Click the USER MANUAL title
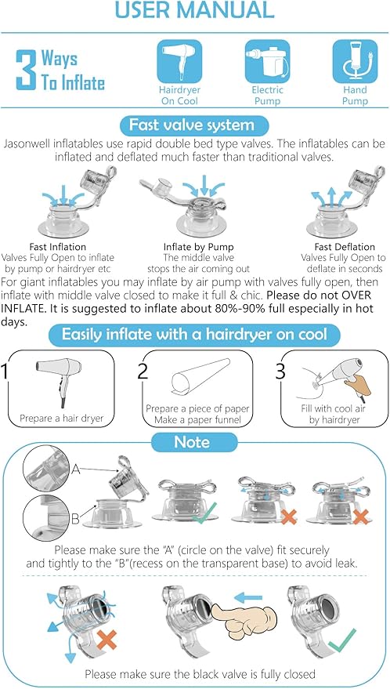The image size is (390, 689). click(194, 10)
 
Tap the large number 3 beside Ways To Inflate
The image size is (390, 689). click(26, 71)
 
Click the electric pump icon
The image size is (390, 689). click(267, 60)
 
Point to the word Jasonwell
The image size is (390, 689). click(30, 144)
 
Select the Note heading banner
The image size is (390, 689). click(193, 442)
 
